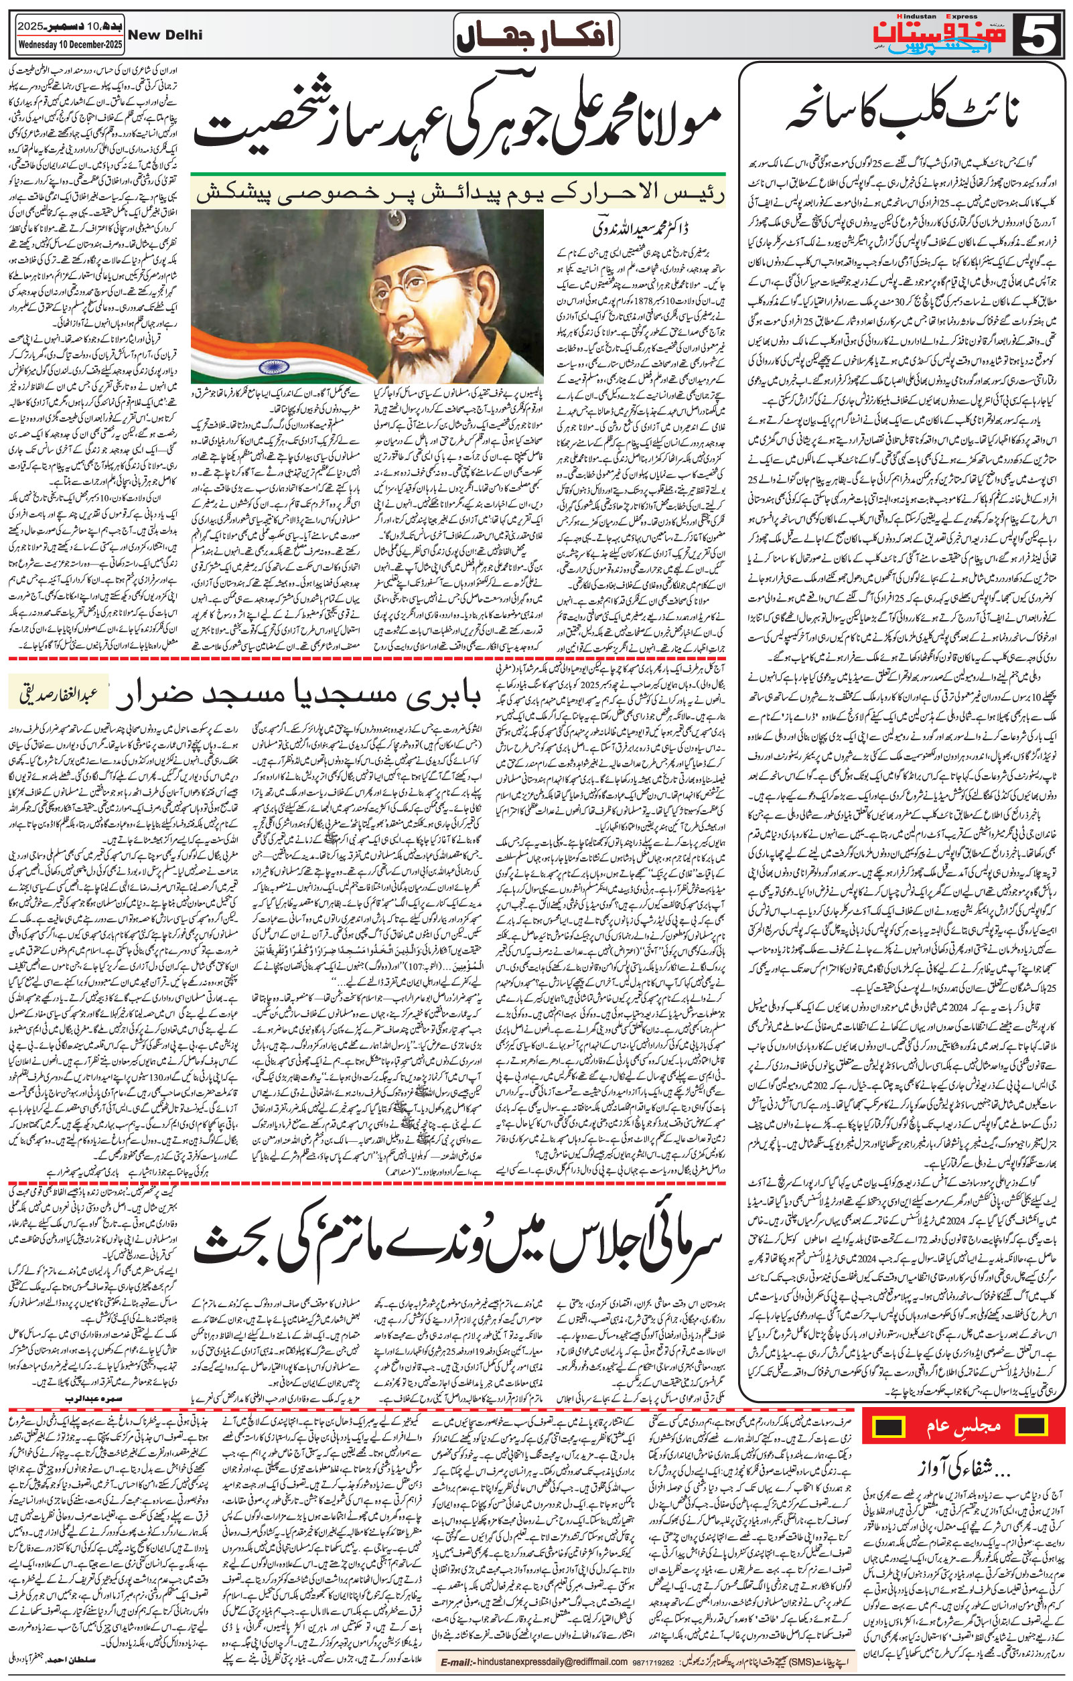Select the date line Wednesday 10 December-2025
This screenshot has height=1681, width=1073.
click(x=62, y=47)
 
